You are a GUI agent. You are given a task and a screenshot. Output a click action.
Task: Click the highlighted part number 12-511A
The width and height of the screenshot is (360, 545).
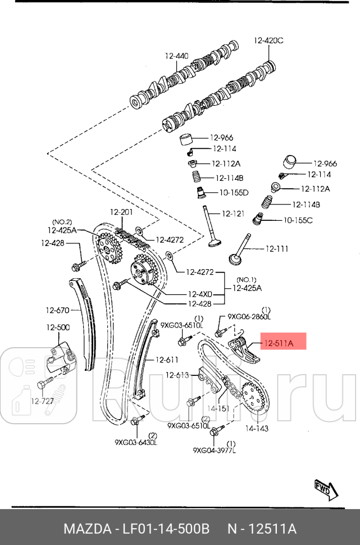tap(279, 341)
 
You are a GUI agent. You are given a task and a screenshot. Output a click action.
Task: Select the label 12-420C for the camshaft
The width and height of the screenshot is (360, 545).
tap(268, 40)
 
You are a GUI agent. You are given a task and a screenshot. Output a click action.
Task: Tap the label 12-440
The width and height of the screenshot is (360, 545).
tap(176, 56)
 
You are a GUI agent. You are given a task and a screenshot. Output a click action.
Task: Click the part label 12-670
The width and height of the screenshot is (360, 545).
tap(57, 310)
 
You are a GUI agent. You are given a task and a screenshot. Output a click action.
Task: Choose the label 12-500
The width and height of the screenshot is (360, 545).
tap(58, 327)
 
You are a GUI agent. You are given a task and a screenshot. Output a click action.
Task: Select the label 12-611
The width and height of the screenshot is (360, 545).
tap(167, 360)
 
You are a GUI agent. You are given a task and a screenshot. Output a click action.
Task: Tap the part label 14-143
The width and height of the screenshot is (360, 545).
tap(256, 428)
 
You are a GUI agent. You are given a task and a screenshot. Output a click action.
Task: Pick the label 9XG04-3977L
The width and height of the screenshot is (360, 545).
tap(215, 449)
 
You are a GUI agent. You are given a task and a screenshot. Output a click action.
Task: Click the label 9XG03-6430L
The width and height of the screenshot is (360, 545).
tap(135, 443)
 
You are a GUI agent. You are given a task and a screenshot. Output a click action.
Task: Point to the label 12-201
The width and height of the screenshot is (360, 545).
tap(121, 212)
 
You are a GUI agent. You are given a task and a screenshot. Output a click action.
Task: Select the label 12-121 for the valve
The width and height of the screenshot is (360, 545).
tap(233, 214)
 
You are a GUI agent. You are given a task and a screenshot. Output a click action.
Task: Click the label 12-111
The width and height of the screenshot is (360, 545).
tap(276, 248)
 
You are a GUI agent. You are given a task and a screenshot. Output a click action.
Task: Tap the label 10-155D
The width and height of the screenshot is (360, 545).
tap(234, 192)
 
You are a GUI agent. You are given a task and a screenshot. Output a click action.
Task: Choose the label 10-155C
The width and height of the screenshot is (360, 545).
tap(298, 220)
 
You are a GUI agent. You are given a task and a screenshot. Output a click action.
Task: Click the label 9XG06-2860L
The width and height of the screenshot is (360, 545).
tap(249, 317)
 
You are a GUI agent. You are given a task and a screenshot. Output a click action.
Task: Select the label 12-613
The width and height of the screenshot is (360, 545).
tap(177, 375)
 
